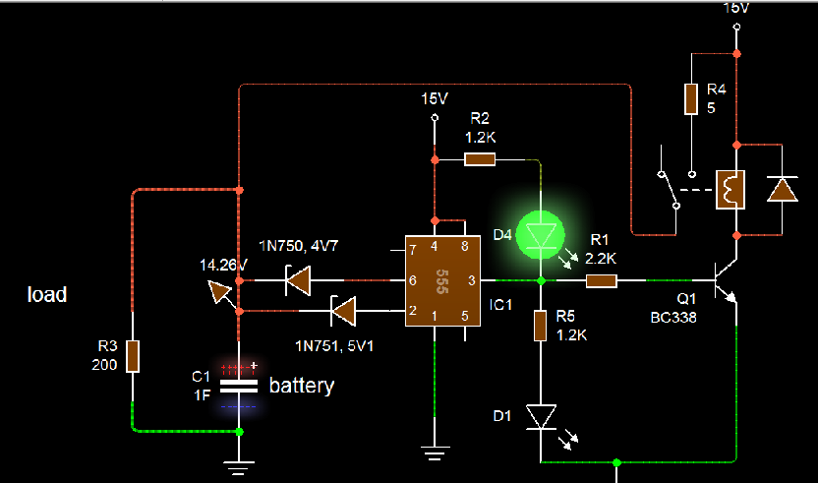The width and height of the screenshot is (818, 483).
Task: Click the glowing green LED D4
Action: click(541, 235)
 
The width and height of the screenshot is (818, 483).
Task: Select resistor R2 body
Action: click(480, 159)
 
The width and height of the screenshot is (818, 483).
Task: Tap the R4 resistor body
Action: click(691, 98)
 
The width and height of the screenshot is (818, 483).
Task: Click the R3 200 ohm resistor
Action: click(133, 356)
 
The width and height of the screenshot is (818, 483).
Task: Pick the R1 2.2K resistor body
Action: click(602, 281)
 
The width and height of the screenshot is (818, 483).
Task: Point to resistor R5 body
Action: click(541, 326)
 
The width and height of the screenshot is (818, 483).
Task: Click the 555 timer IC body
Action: click(442, 281)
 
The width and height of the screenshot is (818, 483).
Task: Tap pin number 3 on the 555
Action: click(472, 281)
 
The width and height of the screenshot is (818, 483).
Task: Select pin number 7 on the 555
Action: click(413, 250)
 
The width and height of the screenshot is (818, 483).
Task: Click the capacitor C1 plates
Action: click(238, 386)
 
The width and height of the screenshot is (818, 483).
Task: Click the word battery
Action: click(302, 386)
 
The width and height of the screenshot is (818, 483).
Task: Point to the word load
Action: click(47, 294)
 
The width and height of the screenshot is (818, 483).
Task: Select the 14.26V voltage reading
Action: click(223, 266)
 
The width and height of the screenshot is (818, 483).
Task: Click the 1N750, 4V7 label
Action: click(299, 245)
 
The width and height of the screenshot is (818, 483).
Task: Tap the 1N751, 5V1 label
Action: click(334, 345)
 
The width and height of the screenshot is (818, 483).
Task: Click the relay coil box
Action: click(730, 190)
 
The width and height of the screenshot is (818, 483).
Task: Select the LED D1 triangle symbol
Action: click(541, 417)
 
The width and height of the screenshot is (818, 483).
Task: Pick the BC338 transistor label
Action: click(672, 318)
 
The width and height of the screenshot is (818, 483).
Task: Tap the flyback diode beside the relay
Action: click(782, 190)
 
